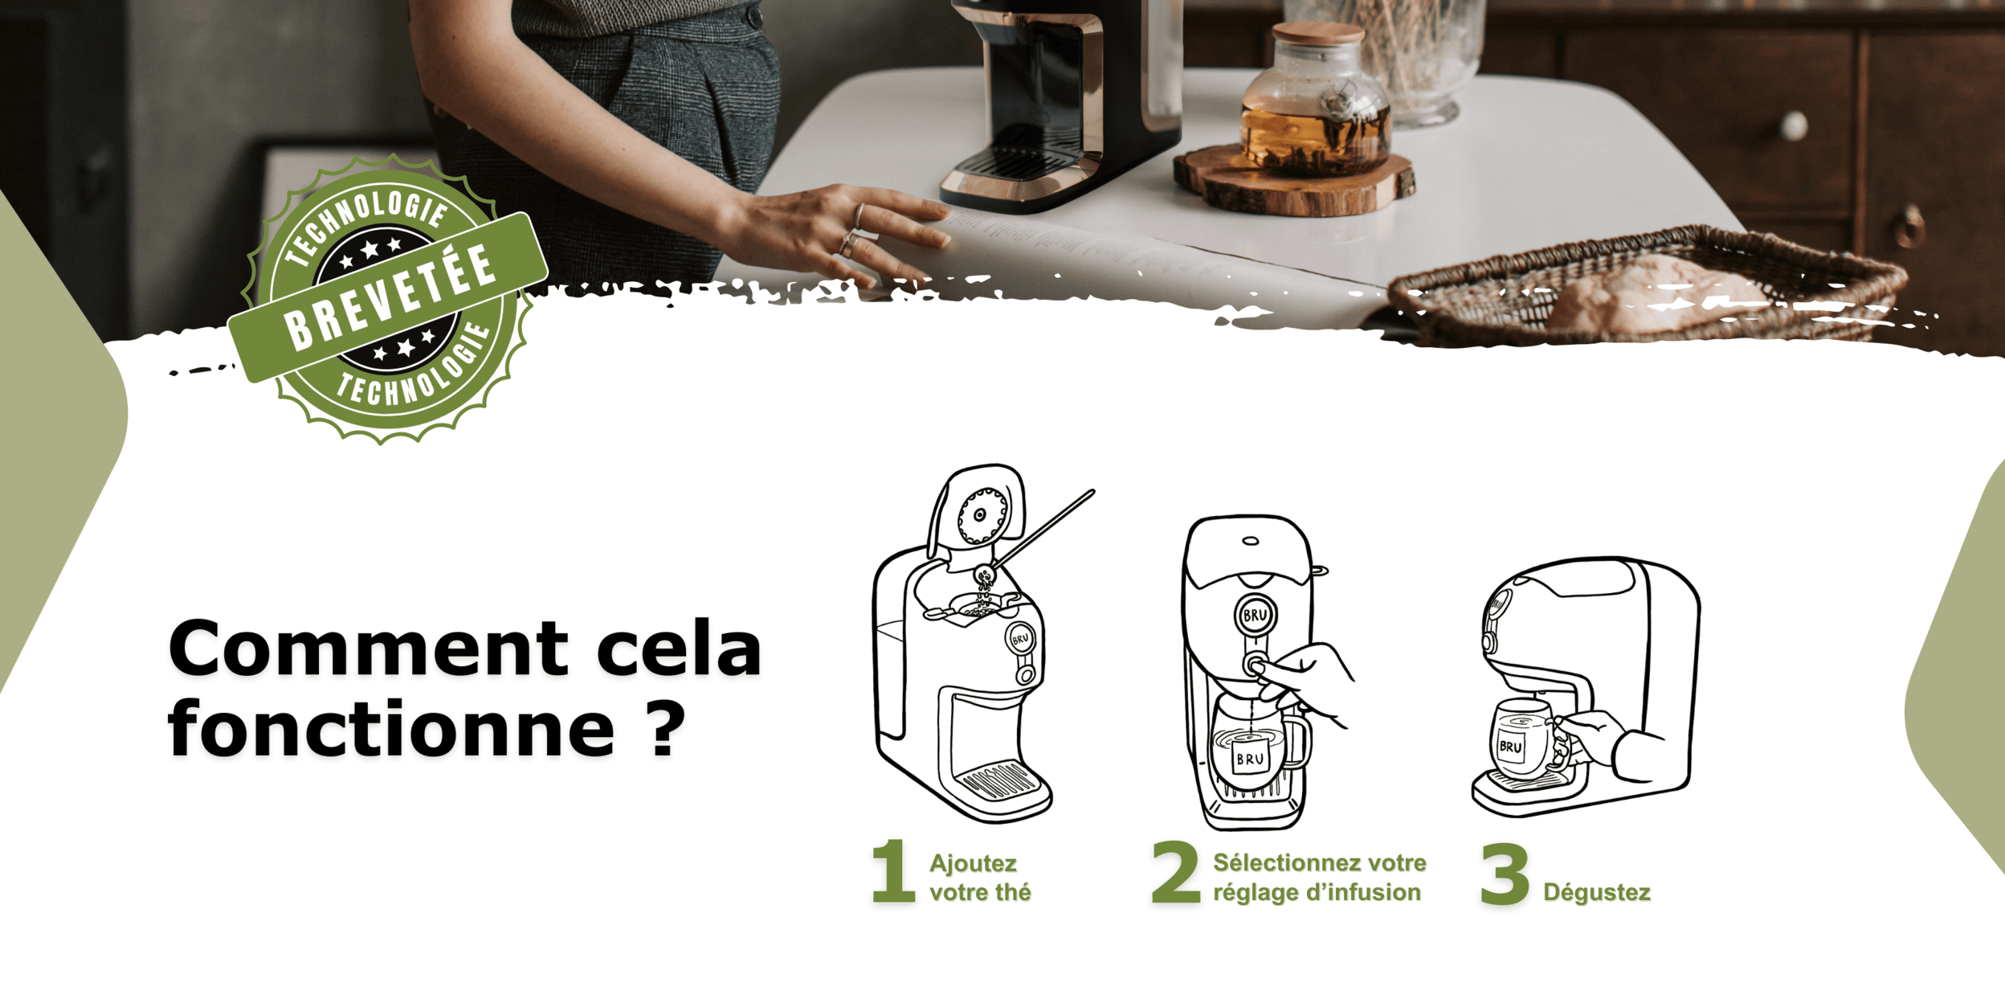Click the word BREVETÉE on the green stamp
pos(390,297)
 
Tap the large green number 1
pos(894,871)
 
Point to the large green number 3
pos(1505,874)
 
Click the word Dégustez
pos(1597,892)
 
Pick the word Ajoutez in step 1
pos(973,864)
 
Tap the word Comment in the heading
pos(369,648)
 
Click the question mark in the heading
pos(664,728)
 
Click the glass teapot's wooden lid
pos(1318,33)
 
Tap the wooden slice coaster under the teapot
pos(1294,182)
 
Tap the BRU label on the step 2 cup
pos(1250,758)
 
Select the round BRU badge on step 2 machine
pos(1255,616)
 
